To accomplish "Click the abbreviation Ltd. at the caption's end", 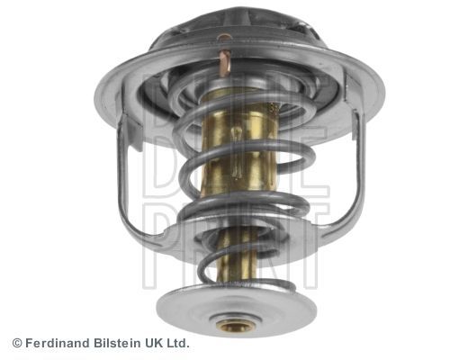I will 178,343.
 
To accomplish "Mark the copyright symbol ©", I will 16,343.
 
